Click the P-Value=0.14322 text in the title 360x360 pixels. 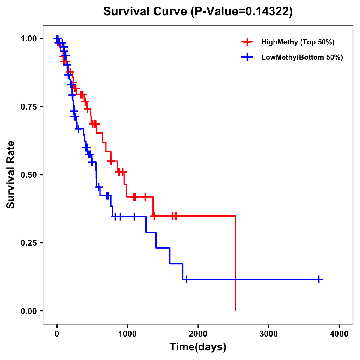[242, 12]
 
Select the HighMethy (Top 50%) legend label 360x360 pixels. [298, 42]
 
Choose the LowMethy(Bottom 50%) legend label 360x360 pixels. [302, 57]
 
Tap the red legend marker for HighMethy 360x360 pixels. [247, 42]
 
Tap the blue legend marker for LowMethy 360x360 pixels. [247, 57]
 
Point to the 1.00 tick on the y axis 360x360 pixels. [28, 38]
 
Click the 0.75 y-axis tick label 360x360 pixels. [28, 106]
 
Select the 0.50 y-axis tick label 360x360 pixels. [28, 175]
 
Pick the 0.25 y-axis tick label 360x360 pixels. [28, 243]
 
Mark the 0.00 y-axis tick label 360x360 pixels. [28, 311]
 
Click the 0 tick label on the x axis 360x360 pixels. [57, 334]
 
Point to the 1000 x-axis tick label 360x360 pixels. [127, 334]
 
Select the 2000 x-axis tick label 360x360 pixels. [198, 334]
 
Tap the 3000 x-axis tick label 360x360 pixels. [268, 334]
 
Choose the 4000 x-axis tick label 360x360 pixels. [339, 334]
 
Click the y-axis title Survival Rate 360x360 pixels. [11, 175]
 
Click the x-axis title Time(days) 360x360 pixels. [198, 347]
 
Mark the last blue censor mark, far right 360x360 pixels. [319, 279]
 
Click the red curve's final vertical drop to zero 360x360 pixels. [236, 264]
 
